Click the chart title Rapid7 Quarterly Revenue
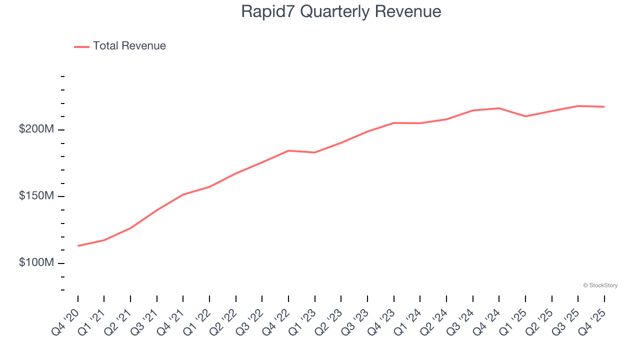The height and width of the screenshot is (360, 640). click(341, 11)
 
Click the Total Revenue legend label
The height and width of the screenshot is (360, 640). click(129, 46)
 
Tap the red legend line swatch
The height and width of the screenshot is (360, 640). click(81, 46)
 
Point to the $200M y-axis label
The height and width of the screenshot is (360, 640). click(36, 129)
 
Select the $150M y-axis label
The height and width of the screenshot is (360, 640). click(36, 195)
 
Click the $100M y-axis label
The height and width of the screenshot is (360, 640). click(36, 262)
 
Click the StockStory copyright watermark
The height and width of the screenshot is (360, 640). click(600, 285)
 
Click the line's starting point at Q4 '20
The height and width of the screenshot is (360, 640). click(78, 245)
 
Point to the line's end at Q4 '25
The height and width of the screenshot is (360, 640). click(604, 106)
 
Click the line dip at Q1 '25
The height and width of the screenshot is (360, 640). click(525, 116)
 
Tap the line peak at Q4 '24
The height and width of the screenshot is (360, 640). click(499, 108)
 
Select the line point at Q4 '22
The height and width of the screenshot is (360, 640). click(288, 150)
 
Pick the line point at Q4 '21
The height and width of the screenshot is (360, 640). click(183, 194)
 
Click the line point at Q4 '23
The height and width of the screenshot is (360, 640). click(394, 122)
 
